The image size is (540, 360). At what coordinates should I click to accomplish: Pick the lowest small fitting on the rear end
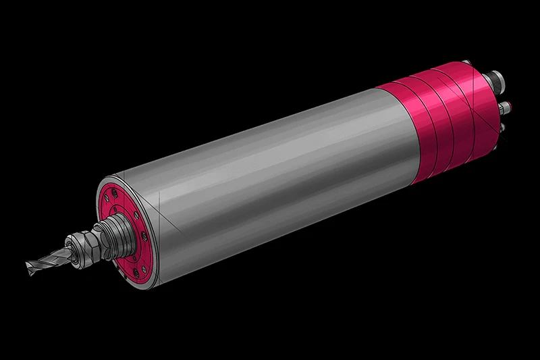[x=503, y=126]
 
